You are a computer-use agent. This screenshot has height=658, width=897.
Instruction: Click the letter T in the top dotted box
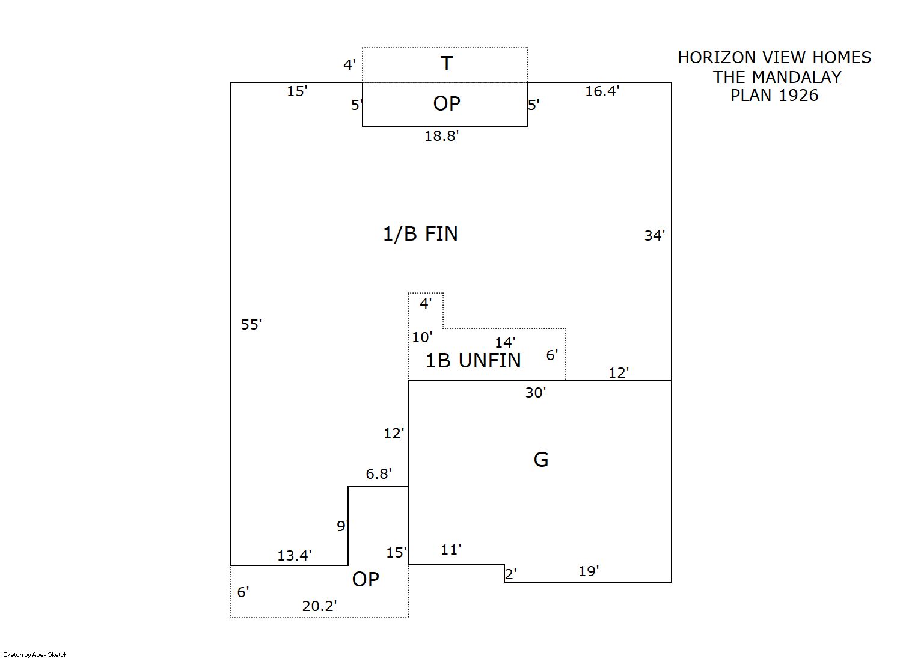pyautogui.click(x=446, y=63)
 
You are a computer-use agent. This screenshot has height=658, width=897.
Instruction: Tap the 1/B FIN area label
pyautogui.click(x=420, y=233)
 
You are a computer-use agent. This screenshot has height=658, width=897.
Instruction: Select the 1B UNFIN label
pyautogui.click(x=473, y=360)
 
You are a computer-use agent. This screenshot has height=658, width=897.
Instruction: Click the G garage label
pyautogui.click(x=540, y=460)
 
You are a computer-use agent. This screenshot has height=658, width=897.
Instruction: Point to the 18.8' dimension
pyautogui.click(x=441, y=136)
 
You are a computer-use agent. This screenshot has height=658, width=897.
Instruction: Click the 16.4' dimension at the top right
pyautogui.click(x=602, y=91)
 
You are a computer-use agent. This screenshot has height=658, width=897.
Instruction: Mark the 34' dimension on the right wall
pyautogui.click(x=654, y=236)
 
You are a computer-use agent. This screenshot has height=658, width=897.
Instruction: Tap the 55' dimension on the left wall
pyautogui.click(x=251, y=325)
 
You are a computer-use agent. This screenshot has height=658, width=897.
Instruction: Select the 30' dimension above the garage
pyautogui.click(x=535, y=393)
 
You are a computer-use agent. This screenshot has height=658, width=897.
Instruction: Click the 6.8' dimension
pyautogui.click(x=378, y=474)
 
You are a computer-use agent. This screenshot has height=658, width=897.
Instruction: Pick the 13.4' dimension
pyautogui.click(x=294, y=556)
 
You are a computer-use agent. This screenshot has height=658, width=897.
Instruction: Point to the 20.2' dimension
pyautogui.click(x=319, y=606)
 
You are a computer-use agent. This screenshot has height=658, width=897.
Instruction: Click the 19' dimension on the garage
pyautogui.click(x=589, y=571)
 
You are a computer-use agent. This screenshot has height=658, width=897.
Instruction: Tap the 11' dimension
pyautogui.click(x=451, y=549)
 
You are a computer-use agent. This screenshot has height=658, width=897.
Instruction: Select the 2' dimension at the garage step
pyautogui.click(x=510, y=574)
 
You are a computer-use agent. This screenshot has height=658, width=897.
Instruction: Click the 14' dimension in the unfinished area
pyautogui.click(x=504, y=343)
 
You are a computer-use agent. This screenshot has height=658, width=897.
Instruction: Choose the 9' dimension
pyautogui.click(x=342, y=526)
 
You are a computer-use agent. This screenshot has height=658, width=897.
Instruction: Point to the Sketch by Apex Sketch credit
pyautogui.click(x=35, y=654)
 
